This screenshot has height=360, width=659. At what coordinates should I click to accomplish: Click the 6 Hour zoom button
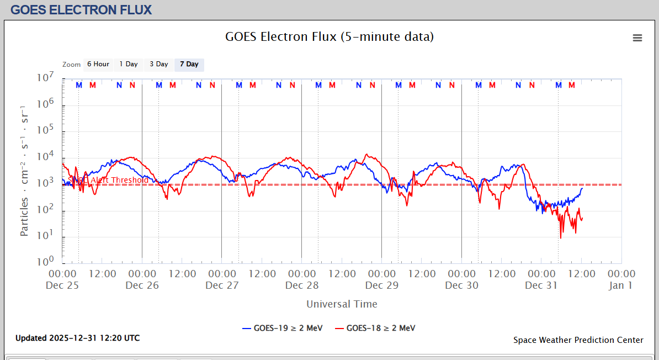(98, 65)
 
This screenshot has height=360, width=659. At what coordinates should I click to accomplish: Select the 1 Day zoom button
(129, 65)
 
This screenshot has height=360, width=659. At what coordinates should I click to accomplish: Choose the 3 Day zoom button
(159, 65)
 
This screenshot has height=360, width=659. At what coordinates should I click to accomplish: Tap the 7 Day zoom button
(189, 65)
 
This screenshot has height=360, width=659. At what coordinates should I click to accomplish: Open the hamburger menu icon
(637, 38)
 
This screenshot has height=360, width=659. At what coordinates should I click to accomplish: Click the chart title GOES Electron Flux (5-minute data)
(329, 37)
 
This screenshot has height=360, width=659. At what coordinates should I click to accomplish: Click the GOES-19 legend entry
(282, 328)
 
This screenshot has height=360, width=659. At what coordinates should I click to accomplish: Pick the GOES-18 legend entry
(375, 328)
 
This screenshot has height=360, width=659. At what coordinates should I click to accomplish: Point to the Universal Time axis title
(342, 304)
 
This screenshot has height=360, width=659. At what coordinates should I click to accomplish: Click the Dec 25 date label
(62, 285)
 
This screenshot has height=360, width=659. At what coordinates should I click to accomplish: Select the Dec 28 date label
(302, 285)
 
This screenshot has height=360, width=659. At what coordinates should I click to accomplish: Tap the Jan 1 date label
(621, 285)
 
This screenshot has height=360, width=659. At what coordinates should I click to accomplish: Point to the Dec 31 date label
(541, 285)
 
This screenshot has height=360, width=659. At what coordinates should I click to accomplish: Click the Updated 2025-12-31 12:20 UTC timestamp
(77, 338)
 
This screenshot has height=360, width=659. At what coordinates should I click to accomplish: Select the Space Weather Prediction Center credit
(578, 340)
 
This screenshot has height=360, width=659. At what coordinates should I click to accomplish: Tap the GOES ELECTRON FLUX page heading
(81, 10)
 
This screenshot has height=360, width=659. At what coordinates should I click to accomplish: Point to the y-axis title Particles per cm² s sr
(25, 170)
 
